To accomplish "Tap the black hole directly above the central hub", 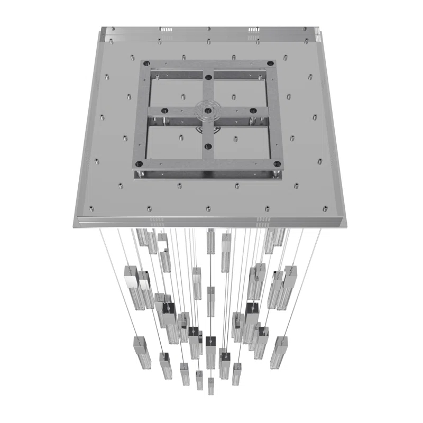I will point(208,77).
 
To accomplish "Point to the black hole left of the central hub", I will point(165,110).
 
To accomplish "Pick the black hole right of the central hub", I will point(253,111).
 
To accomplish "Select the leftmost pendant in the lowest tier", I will point(139,351).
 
